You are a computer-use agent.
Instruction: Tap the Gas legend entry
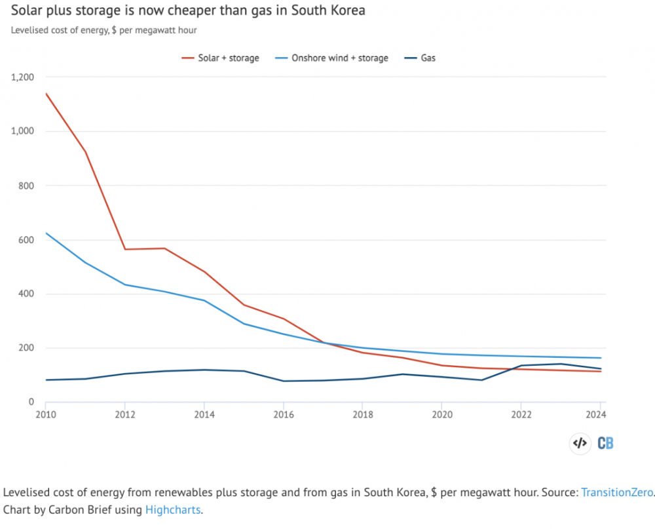[428, 58]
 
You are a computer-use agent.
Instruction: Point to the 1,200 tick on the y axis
[22, 77]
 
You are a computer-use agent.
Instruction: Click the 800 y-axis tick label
[27, 186]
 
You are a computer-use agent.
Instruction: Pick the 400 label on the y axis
[27, 294]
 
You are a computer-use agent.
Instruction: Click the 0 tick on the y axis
[31, 402]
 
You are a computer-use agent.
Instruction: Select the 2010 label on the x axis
[45, 415]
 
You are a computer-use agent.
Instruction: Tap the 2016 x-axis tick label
[283, 415]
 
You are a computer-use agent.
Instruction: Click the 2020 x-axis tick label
[441, 415]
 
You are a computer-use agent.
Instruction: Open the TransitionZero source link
[617, 492]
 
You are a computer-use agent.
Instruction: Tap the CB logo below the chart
[605, 443]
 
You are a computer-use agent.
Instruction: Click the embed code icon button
[579, 443]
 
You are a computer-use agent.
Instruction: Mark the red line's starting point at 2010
[46, 93]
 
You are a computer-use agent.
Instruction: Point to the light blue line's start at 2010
[46, 233]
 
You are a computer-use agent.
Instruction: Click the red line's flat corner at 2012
[125, 249]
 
